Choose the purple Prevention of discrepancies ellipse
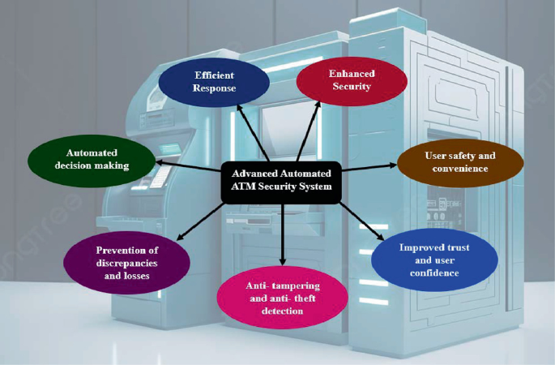pos(126,262)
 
